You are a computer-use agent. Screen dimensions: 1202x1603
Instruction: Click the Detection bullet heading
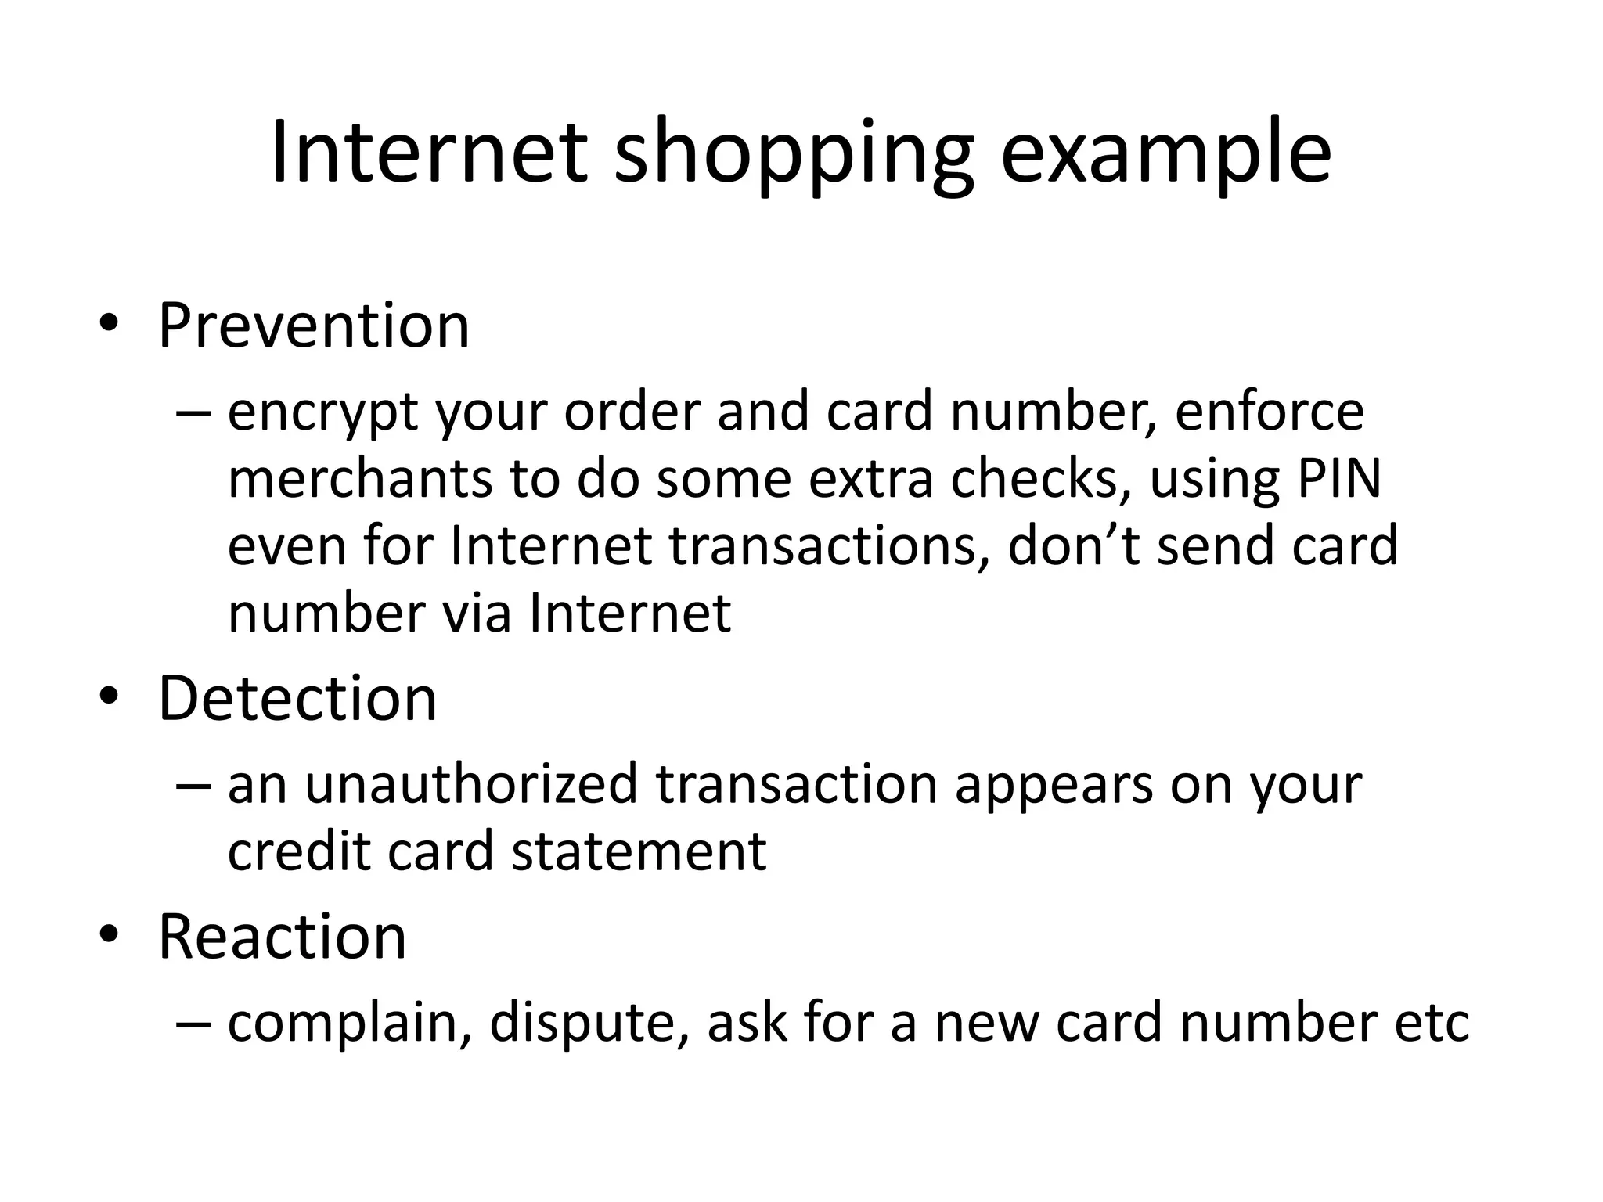click(x=297, y=698)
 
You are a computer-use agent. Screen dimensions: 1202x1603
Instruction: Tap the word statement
click(x=639, y=851)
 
